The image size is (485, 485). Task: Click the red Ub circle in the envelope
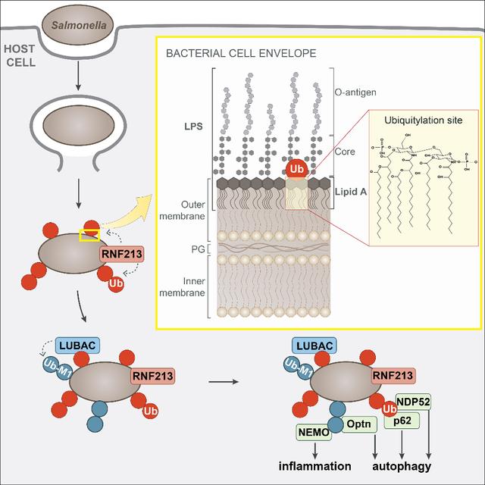pos(296,167)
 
